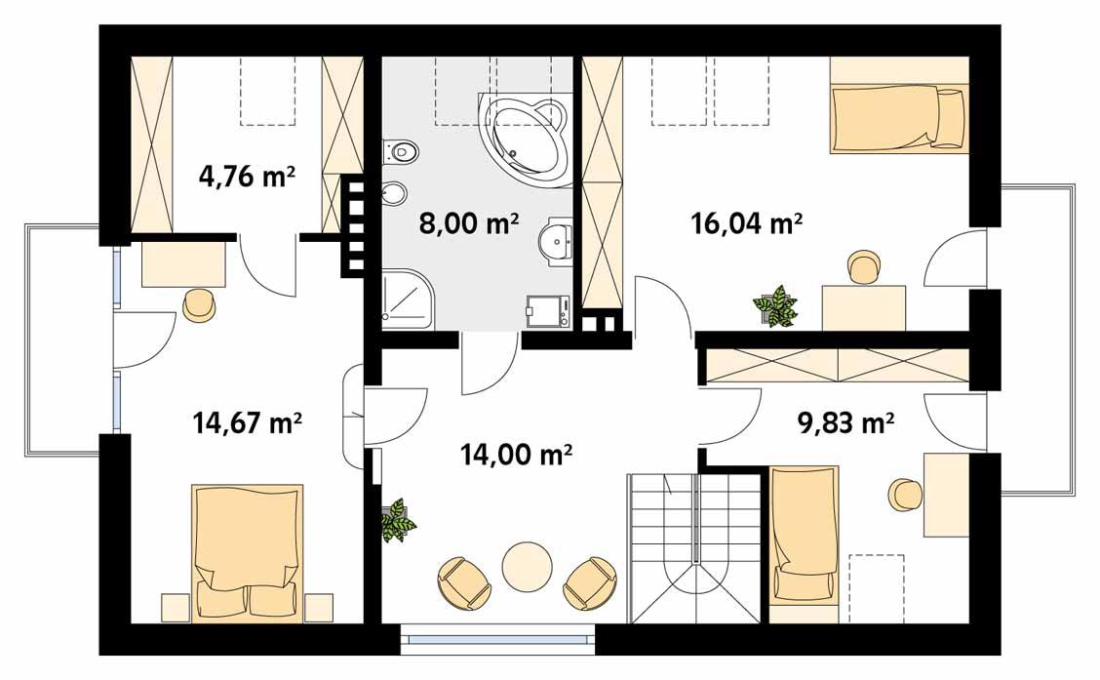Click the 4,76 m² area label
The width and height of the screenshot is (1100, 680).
[247, 177]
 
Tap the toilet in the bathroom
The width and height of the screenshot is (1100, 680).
[400, 152]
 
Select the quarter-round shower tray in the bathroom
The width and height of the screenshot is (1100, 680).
[408, 299]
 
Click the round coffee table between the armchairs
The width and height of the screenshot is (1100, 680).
[528, 567]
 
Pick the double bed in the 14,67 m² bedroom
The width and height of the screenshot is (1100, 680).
[247, 551]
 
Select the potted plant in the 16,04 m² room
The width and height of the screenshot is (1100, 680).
[775, 305]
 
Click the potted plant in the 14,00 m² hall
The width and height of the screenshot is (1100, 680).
[397, 519]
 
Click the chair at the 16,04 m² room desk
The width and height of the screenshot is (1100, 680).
[863, 266]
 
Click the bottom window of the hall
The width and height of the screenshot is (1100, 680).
[497, 639]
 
